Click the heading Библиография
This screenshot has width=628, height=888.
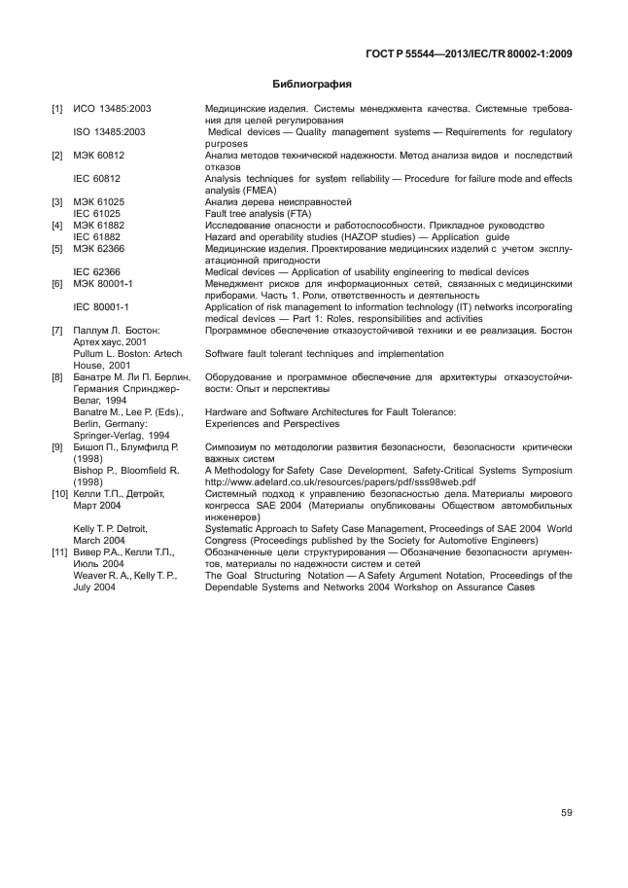[312, 85]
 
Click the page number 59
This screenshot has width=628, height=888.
[565, 813]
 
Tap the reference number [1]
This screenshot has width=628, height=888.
[57, 109]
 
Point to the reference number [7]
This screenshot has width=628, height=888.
[57, 331]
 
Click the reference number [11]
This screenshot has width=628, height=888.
[59, 552]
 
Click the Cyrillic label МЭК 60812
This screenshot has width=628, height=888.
[99, 155]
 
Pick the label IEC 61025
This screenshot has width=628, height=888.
[97, 213]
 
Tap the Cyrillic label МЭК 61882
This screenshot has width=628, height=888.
[99, 225]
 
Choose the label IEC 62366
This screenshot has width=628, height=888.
[97, 271]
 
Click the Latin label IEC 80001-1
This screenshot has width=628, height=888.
[102, 306]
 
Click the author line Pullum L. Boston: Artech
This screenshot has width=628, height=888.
[127, 354]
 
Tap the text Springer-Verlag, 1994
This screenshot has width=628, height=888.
[123, 435]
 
